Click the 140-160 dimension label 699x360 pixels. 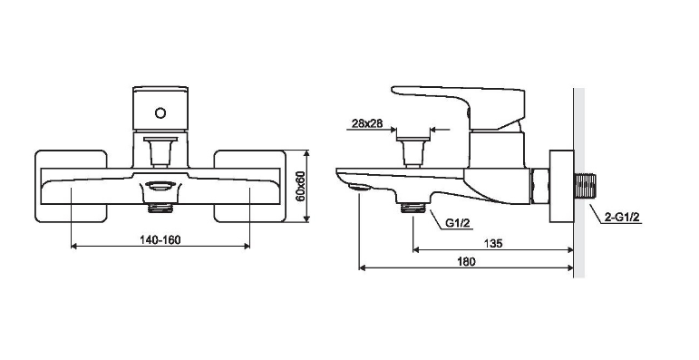click(x=160, y=240)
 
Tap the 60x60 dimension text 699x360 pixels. click(x=300, y=186)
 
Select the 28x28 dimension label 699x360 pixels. click(x=367, y=123)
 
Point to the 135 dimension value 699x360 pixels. click(x=493, y=244)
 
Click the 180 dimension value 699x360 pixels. click(x=466, y=261)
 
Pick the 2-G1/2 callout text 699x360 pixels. click(x=622, y=218)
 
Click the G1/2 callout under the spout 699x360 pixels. click(x=458, y=223)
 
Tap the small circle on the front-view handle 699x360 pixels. click(x=160, y=112)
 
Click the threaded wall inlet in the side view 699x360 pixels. click(x=585, y=187)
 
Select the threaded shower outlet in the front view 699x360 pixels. click(x=160, y=208)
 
